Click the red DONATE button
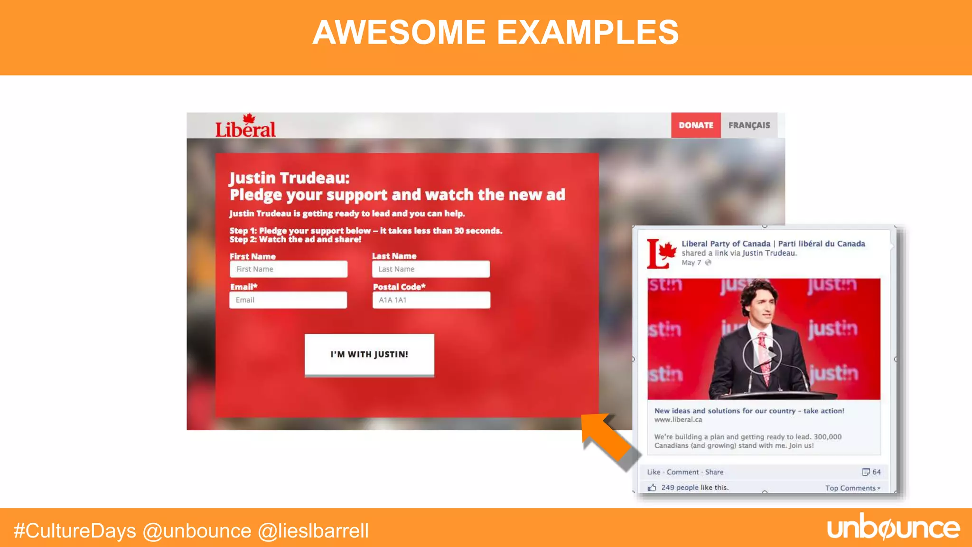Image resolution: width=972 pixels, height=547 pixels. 696,125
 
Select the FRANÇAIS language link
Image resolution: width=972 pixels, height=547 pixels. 749,125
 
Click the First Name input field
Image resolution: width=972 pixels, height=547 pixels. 289,269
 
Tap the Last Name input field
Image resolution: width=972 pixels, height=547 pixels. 431,269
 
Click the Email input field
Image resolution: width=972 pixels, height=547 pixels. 288,300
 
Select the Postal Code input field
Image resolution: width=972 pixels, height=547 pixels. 431,300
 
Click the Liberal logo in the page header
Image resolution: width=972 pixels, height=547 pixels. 245,127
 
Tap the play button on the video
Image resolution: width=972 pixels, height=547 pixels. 762,355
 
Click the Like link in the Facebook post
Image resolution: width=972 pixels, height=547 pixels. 654,472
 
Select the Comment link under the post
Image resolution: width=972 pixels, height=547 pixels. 682,472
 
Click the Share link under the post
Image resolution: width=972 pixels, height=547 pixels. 714,472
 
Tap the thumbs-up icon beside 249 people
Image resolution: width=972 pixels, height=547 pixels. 652,488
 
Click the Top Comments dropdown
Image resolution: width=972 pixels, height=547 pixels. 852,488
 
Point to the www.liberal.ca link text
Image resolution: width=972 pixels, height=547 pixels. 678,420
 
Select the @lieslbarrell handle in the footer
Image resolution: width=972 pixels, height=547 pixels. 313,531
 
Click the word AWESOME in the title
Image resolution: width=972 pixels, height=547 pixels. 399,32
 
